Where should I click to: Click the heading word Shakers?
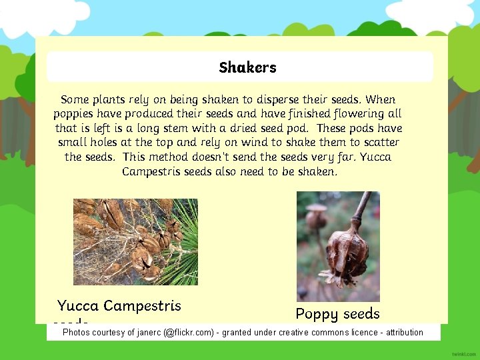(247, 67)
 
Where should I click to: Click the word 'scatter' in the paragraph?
(378, 142)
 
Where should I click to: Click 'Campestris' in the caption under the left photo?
(142, 306)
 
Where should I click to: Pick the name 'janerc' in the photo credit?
(147, 332)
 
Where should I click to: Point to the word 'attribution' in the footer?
(402, 332)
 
